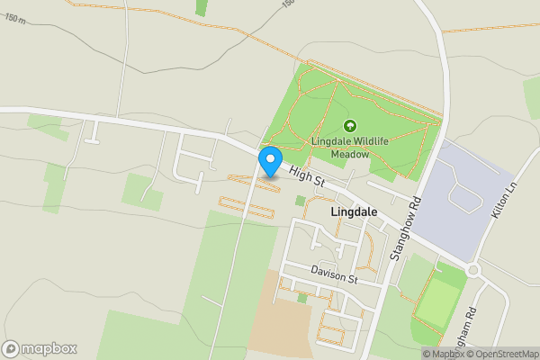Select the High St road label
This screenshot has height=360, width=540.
(306, 177)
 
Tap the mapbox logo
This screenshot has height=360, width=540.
(40, 348)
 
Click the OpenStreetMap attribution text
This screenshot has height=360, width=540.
(500, 354)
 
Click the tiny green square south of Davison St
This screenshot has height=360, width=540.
(301, 298)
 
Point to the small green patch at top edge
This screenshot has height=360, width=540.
(202, 7)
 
